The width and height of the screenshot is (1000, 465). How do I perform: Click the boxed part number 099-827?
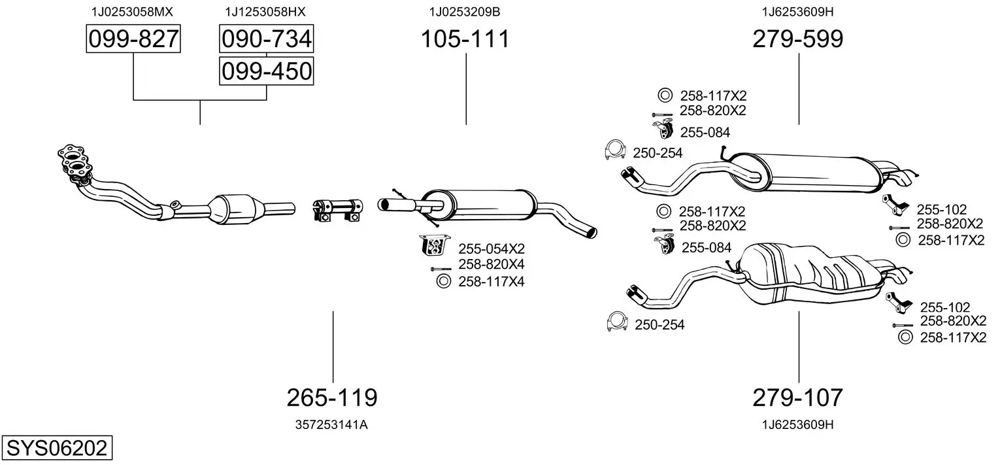133,39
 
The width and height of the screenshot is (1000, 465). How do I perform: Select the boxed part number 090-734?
266,39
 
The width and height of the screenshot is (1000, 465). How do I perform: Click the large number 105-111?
465,39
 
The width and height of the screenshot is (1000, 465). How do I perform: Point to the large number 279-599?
798,39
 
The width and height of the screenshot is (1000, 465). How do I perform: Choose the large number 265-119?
332,397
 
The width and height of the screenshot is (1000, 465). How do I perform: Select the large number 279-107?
798,397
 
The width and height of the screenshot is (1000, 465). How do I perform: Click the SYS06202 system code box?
56,449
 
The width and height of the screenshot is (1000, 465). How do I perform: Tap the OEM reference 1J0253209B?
465,12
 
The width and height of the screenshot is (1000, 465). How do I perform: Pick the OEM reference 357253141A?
332,424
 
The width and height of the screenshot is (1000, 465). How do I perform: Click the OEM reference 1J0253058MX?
133,12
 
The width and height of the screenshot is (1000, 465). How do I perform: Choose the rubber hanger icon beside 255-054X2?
433,245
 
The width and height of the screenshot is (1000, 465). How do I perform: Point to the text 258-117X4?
492,282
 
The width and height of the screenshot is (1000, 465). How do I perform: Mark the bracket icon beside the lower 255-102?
899,303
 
